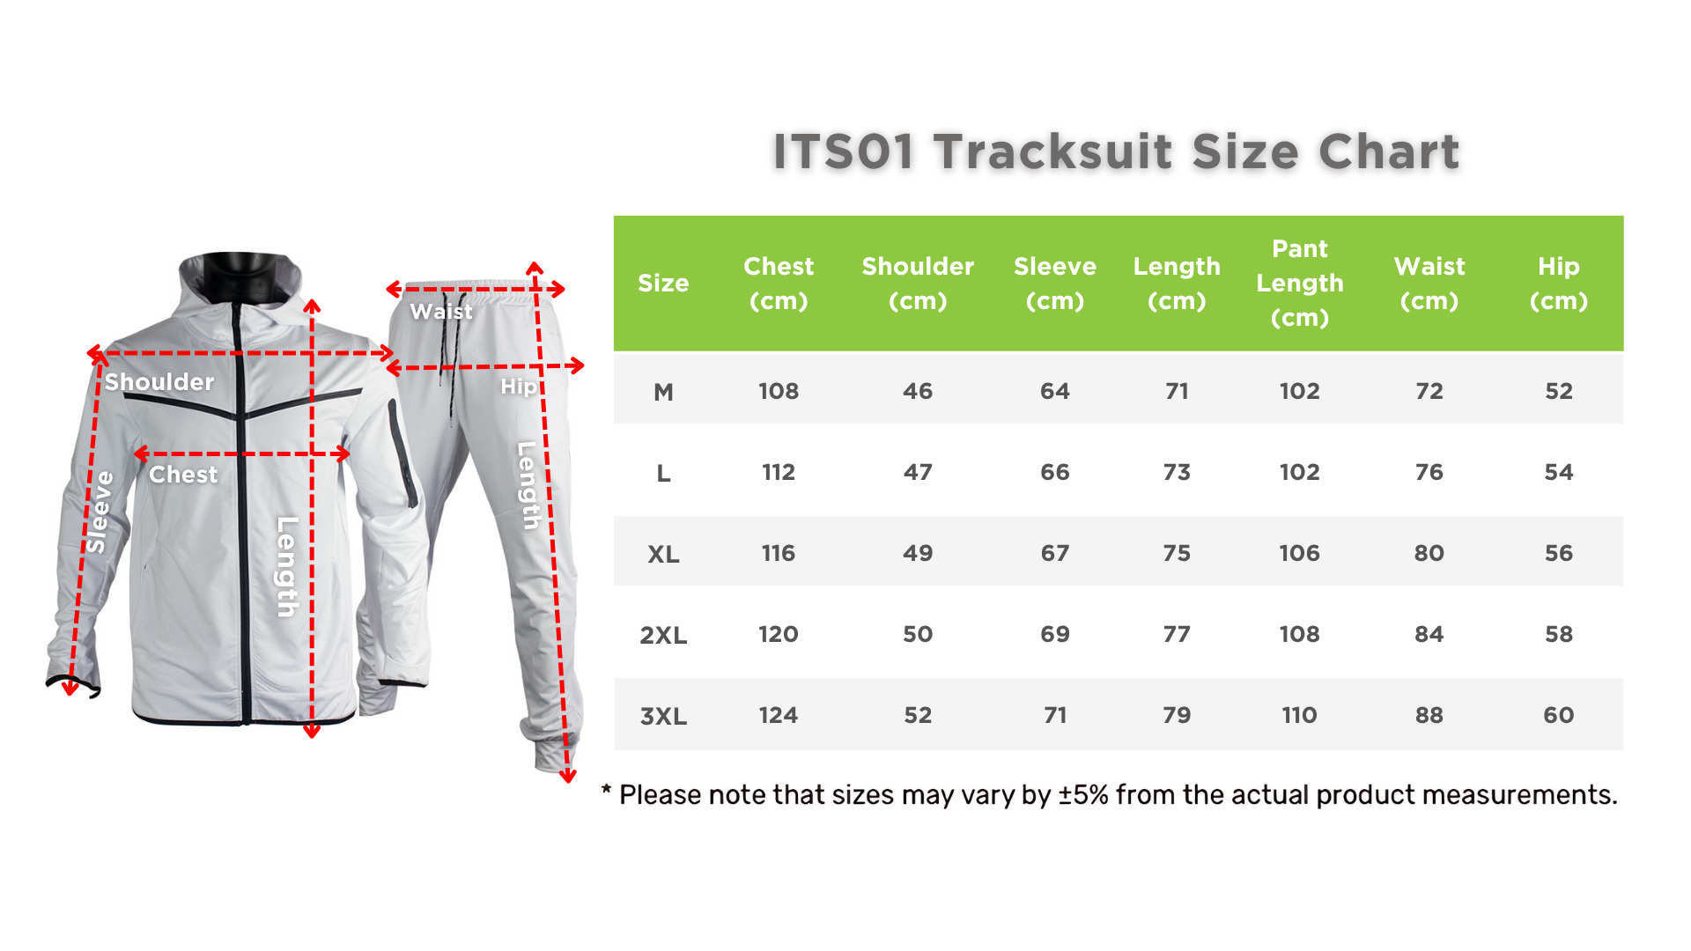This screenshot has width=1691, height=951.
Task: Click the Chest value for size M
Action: (779, 391)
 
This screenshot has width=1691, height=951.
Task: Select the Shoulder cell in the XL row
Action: (918, 553)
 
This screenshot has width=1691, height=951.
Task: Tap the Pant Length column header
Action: (1300, 283)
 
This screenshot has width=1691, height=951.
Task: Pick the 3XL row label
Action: (663, 716)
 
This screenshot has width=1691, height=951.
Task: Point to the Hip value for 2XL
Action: (1559, 634)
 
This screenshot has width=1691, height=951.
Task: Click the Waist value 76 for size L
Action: (1429, 472)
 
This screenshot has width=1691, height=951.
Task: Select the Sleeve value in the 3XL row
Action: (1055, 715)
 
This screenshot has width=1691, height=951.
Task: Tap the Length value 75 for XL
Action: (1177, 553)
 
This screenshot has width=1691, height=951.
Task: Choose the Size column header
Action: (663, 283)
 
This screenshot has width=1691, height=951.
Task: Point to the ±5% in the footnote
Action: (1083, 795)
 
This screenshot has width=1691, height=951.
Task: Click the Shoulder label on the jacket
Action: (159, 382)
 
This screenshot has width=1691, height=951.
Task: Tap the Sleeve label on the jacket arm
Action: (98, 512)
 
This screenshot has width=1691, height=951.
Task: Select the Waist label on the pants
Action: (441, 312)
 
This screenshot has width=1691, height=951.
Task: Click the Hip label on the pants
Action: (518, 387)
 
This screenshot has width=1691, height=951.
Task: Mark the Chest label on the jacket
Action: (183, 475)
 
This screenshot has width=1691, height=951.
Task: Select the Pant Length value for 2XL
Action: (1300, 634)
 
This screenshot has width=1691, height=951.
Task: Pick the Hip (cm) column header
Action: (1559, 283)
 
